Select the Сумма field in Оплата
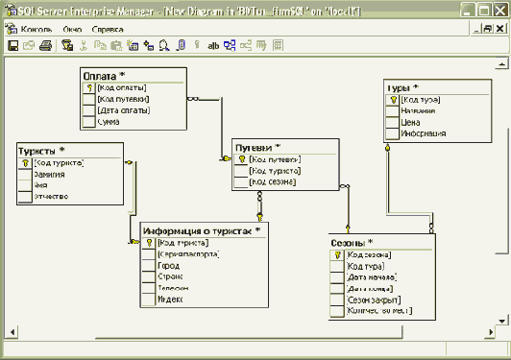pyautogui.click(x=108, y=121)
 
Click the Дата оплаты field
pyautogui.click(x=122, y=109)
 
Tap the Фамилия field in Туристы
pyautogui.click(x=52, y=174)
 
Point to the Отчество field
pyautogui.click(x=52, y=197)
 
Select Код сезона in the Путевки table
pyautogui.click(x=273, y=181)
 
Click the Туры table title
pyautogui.click(x=404, y=87)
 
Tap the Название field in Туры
pyautogui.click(x=417, y=110)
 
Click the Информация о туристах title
pyautogui.click(x=202, y=231)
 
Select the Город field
pyautogui.click(x=168, y=266)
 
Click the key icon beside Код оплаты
pyautogui.click(x=88, y=86)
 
